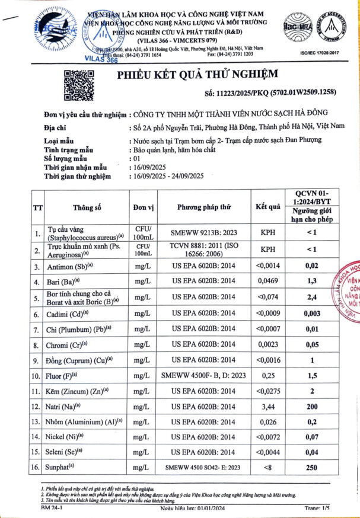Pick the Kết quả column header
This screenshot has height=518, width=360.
click(x=268, y=207)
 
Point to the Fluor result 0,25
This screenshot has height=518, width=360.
click(x=269, y=375)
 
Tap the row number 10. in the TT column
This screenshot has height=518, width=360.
click(x=37, y=375)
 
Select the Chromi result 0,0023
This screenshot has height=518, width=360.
click(x=269, y=343)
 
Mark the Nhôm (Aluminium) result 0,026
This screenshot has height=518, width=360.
click(x=269, y=421)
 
